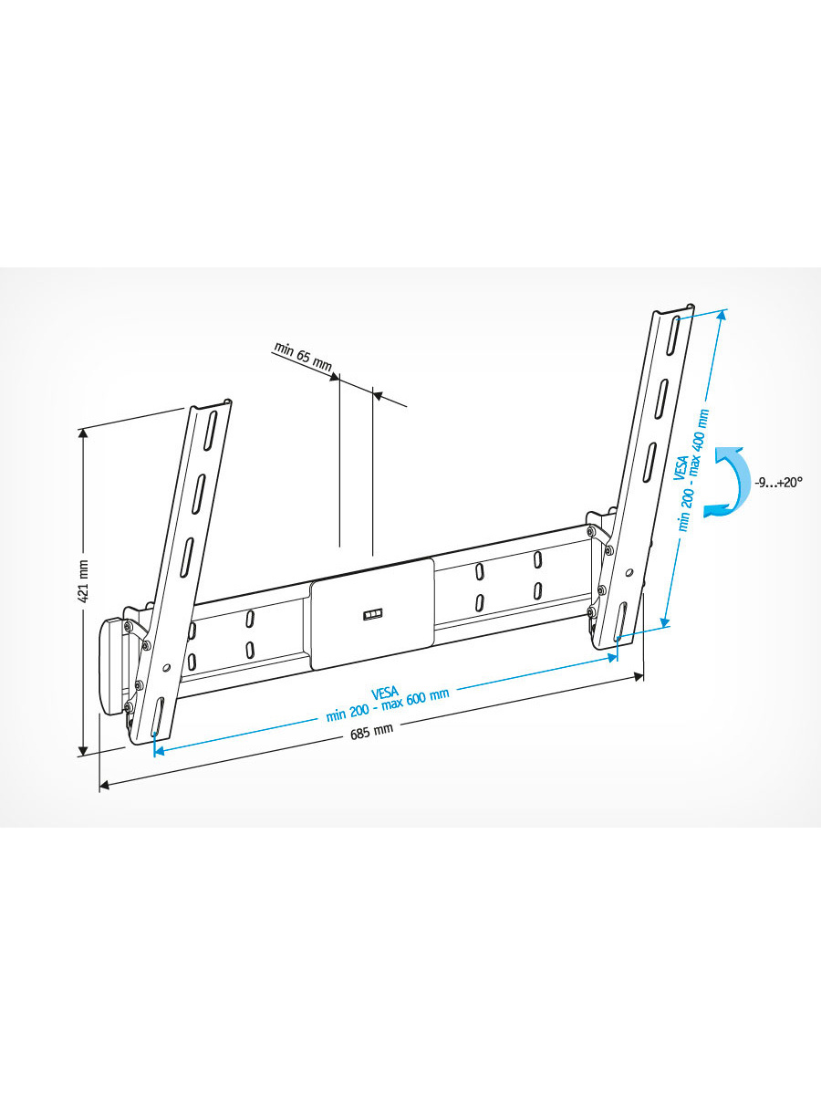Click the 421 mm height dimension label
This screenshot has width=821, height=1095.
click(84, 581)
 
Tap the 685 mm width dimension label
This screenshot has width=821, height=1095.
click(371, 732)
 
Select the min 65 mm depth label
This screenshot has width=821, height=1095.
click(302, 357)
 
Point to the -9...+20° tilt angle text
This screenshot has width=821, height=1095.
click(778, 483)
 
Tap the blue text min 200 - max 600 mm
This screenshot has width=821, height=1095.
click(388, 705)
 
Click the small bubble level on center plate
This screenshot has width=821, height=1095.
click(373, 615)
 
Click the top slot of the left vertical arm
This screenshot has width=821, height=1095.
click(211, 431)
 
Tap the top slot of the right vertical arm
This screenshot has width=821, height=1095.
click(672, 335)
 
